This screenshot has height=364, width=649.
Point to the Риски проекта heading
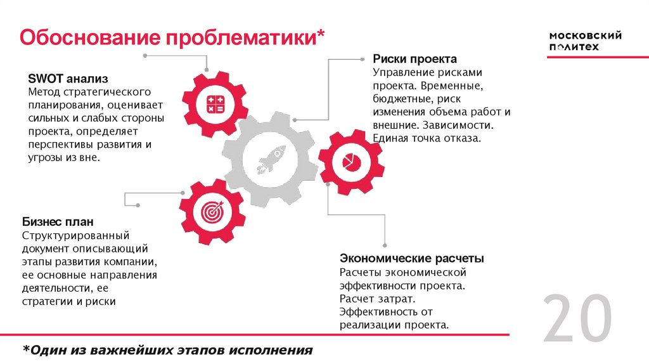tap(414, 59)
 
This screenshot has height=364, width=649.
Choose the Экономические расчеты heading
tap(412, 259)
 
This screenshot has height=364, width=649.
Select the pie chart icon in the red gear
tap(350, 161)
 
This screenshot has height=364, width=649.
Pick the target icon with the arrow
tap(212, 211)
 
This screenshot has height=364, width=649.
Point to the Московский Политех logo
tap(584, 41)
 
